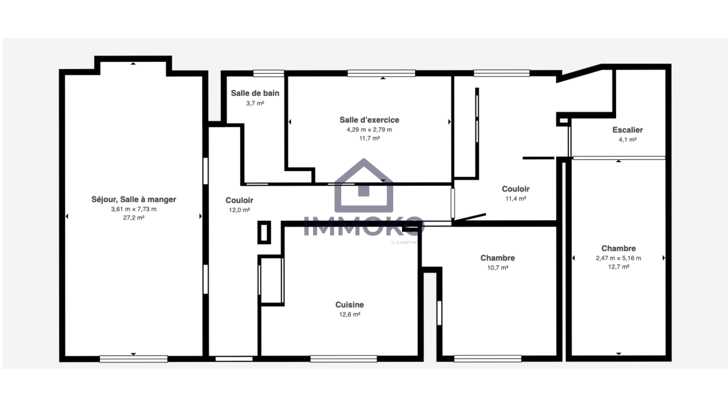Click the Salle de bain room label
pyautogui.click(x=255, y=93)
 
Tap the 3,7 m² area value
pyautogui.click(x=255, y=103)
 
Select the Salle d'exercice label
pyautogui.click(x=369, y=120)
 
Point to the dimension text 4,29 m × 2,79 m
pyautogui.click(x=369, y=129)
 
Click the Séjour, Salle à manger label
pyautogui.click(x=134, y=199)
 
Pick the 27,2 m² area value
pyautogui.click(x=134, y=218)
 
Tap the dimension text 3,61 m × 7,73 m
pyautogui.click(x=134, y=209)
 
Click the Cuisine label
pyautogui.click(x=350, y=305)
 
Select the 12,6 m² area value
pyautogui.click(x=350, y=314)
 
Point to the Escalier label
pyautogui.click(x=627, y=130)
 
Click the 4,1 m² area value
pyautogui.click(x=627, y=139)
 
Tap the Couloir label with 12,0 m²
pyautogui.click(x=239, y=200)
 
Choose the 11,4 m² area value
pyautogui.click(x=516, y=199)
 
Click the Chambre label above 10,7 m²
pyautogui.click(x=498, y=258)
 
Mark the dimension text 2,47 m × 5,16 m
pyautogui.click(x=618, y=258)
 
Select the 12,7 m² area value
pyautogui.click(x=618, y=267)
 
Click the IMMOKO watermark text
pyautogui.click(x=364, y=226)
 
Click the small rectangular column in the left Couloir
pyautogui.click(x=264, y=232)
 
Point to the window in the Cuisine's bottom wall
pyautogui.click(x=344, y=359)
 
